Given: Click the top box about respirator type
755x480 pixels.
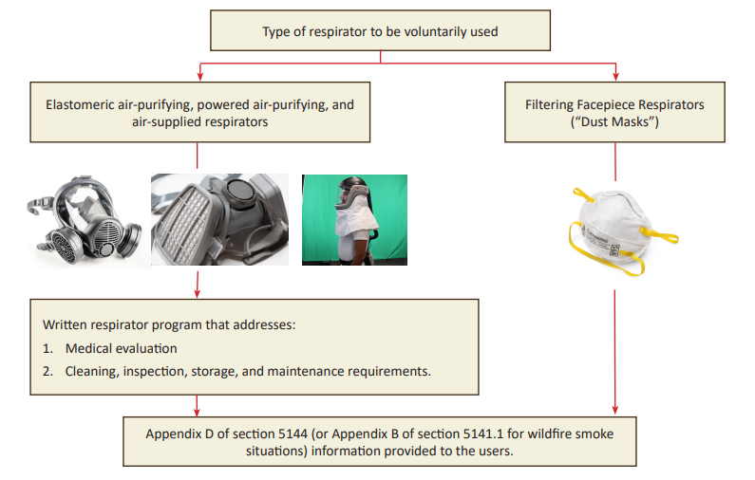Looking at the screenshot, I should click(x=380, y=31).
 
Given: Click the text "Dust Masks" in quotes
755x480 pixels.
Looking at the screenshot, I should click(x=615, y=121).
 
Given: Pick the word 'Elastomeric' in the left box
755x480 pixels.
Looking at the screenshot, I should click(x=84, y=104).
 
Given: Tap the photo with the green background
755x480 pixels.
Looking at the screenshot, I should click(x=353, y=219).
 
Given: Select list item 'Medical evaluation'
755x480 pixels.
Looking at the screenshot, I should click(x=121, y=348).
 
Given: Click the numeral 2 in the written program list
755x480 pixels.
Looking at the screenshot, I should click(x=47, y=371).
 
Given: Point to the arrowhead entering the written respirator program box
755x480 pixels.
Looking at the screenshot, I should click(x=197, y=292).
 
